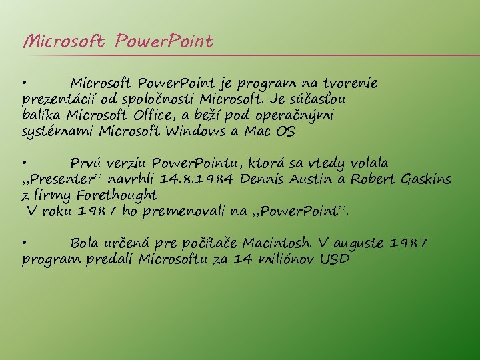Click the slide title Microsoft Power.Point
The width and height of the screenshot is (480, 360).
[x=118, y=43]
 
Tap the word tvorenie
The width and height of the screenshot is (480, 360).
[x=351, y=84]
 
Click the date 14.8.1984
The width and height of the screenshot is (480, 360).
[x=199, y=179]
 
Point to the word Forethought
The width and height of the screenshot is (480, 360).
[x=117, y=195]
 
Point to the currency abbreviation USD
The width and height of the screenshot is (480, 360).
[x=334, y=259]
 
